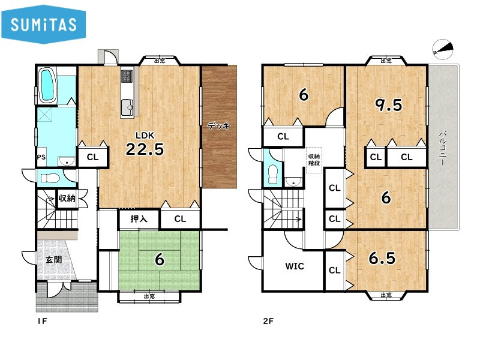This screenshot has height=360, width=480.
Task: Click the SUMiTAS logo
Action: click(x=43, y=24)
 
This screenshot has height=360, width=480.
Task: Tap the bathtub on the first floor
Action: click(x=47, y=86)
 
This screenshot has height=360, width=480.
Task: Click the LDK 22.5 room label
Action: click(x=145, y=144)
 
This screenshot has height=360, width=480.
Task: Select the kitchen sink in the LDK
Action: click(x=127, y=107)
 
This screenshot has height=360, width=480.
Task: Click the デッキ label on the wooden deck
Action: click(x=218, y=126)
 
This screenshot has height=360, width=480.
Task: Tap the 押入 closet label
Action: click(x=139, y=219)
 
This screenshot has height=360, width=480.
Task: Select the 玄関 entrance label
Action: click(x=54, y=260)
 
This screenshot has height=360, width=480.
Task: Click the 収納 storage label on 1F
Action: click(x=67, y=198)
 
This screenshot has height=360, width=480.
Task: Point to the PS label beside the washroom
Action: click(x=41, y=157)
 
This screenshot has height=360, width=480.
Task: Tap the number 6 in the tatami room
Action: click(x=160, y=260)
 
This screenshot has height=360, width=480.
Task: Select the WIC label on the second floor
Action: click(x=295, y=266)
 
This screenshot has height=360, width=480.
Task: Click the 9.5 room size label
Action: click(x=389, y=106)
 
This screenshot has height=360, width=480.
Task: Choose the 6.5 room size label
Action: click(x=382, y=258)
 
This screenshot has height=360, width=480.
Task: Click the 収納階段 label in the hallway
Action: click(x=314, y=160)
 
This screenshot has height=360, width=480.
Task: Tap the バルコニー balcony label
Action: click(x=442, y=148)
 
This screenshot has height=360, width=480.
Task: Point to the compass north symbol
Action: click(x=443, y=49)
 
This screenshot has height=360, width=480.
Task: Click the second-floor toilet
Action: click(x=272, y=174)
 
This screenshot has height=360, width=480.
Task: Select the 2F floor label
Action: click(x=268, y=321)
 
